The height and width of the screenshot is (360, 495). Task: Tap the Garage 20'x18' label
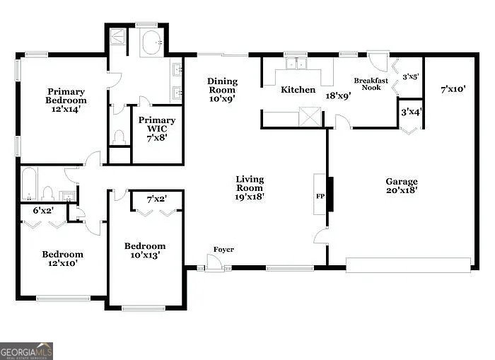pyautogui.click(x=401, y=186)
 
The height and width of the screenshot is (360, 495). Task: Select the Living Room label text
pyautogui.click(x=250, y=188)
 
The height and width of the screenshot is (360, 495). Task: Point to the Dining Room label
pyautogui.click(x=222, y=90)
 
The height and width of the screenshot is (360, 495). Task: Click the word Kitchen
pyautogui.click(x=298, y=90)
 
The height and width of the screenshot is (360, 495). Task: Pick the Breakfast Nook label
pyautogui.click(x=371, y=83)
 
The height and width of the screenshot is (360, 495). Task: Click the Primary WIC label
pyautogui.click(x=156, y=125)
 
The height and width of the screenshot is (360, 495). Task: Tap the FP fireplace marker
pyautogui.click(x=320, y=197)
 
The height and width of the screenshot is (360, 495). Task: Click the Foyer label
pyautogui.click(x=224, y=250)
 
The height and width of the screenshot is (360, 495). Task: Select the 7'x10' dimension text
pyautogui.click(x=453, y=90)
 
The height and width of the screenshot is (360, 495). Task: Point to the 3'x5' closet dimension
pyautogui.click(x=410, y=76)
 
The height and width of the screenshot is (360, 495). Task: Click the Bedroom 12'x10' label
pyautogui.click(x=62, y=258)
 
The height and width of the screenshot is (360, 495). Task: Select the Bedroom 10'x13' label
pyautogui.click(x=145, y=250)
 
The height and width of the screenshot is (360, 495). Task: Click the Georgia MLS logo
pyautogui.click(x=26, y=351)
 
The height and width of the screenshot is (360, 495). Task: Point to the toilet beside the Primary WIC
pyautogui.click(x=120, y=136)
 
